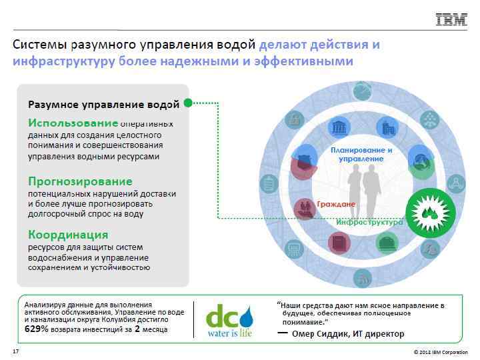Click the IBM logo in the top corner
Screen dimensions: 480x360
click(x=451, y=20)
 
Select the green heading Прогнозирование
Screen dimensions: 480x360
click(x=80, y=181)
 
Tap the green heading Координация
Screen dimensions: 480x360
click(x=68, y=235)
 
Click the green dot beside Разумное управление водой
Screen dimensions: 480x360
click(x=188, y=103)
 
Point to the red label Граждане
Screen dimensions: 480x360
click(x=336, y=203)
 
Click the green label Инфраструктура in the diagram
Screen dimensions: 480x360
click(x=369, y=222)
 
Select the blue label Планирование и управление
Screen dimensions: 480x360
click(x=361, y=155)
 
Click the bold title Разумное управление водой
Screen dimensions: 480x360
click(x=103, y=104)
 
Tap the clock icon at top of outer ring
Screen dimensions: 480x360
click(x=362, y=89)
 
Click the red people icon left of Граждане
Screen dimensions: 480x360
click(x=305, y=207)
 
